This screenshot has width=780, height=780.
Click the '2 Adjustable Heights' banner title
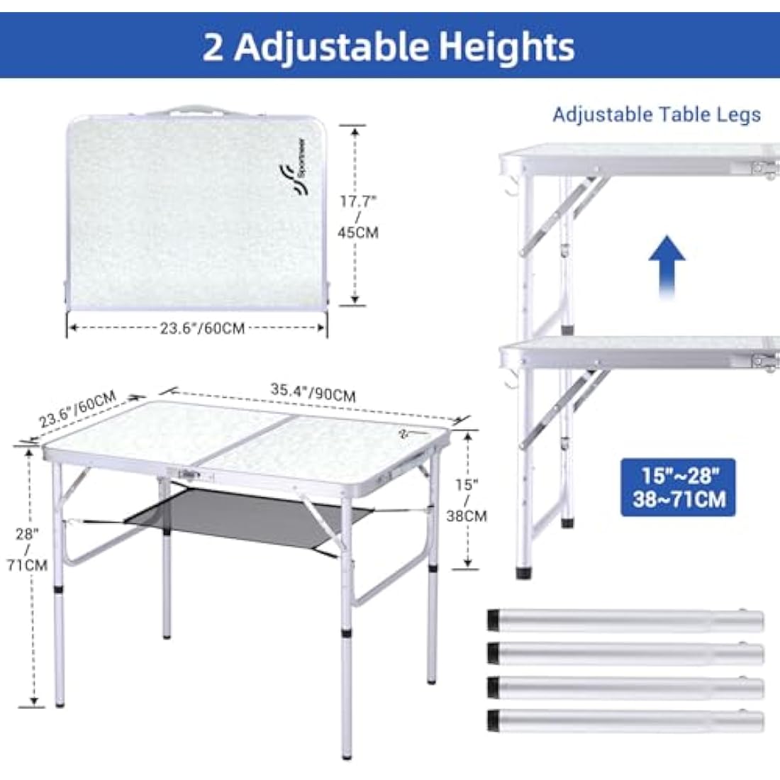click(389, 46)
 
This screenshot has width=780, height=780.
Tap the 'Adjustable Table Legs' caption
click(657, 114)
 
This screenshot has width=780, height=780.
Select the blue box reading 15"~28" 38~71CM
click(678, 487)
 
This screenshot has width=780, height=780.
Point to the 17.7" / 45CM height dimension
click(358, 216)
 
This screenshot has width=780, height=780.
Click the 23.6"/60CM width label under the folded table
click(202, 328)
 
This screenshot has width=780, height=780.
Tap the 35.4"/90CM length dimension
click(313, 392)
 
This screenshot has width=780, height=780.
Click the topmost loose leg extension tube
click(625, 620)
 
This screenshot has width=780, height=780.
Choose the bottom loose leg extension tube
click(625, 721)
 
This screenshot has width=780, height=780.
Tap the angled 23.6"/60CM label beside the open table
click(77, 409)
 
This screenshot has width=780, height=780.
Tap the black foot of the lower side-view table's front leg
click(523, 572)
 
